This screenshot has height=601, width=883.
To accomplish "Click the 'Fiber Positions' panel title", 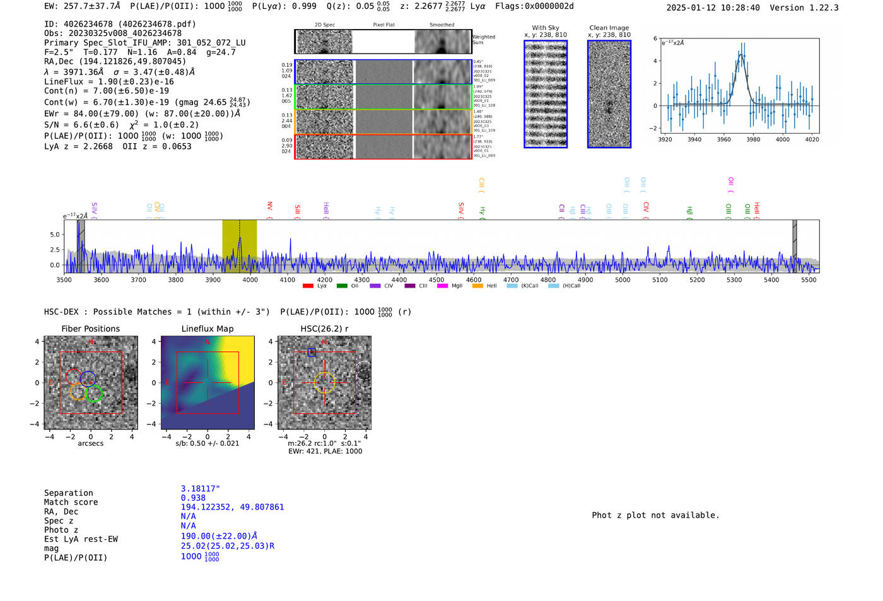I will [90, 329].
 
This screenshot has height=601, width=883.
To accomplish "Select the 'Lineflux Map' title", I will [207, 329].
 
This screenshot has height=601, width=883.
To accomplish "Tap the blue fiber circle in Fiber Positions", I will [88, 378].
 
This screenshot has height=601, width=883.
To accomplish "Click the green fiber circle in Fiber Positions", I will [94, 394].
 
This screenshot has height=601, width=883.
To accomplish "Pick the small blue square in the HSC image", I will [312, 352].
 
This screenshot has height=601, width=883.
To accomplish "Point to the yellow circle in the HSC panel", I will [324, 383].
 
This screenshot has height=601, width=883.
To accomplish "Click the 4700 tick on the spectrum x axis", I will [511, 279].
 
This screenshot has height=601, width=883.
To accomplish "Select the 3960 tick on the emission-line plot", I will [724, 139].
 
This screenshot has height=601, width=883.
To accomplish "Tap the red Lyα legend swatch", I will [308, 286].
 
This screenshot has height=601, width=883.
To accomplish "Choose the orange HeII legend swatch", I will [477, 286].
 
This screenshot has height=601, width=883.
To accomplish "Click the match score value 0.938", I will [193, 498].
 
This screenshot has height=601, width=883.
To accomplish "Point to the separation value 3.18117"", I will [201, 489].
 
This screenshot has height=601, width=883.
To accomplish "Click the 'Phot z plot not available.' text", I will [655, 515].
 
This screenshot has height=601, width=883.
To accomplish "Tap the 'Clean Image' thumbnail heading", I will [609, 28].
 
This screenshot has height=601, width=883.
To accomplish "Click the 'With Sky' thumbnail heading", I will [546, 28].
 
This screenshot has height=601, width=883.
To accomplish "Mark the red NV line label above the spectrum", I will [270, 207].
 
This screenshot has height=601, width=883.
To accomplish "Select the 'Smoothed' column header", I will [441, 25].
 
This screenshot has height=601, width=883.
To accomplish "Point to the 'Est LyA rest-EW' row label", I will [81, 539].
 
